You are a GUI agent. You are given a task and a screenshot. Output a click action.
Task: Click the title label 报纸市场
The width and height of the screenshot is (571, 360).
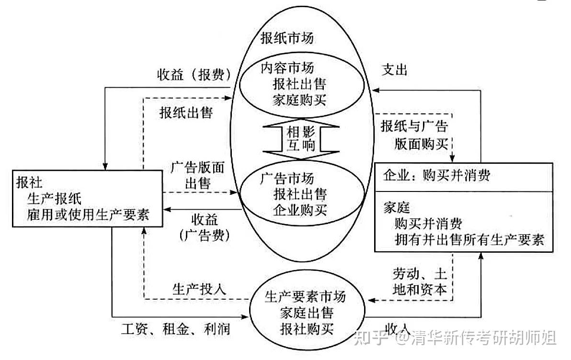tap(287, 38)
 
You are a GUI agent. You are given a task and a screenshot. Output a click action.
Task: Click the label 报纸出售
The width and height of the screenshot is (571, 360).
tap(186, 112)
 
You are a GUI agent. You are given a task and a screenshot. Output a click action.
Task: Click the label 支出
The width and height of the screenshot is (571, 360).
tap(394, 70)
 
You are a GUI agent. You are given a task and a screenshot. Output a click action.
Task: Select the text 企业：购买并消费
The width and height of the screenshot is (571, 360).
tap(436, 176)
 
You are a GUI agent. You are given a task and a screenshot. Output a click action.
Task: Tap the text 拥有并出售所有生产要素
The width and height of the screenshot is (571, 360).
tap(469, 239)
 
